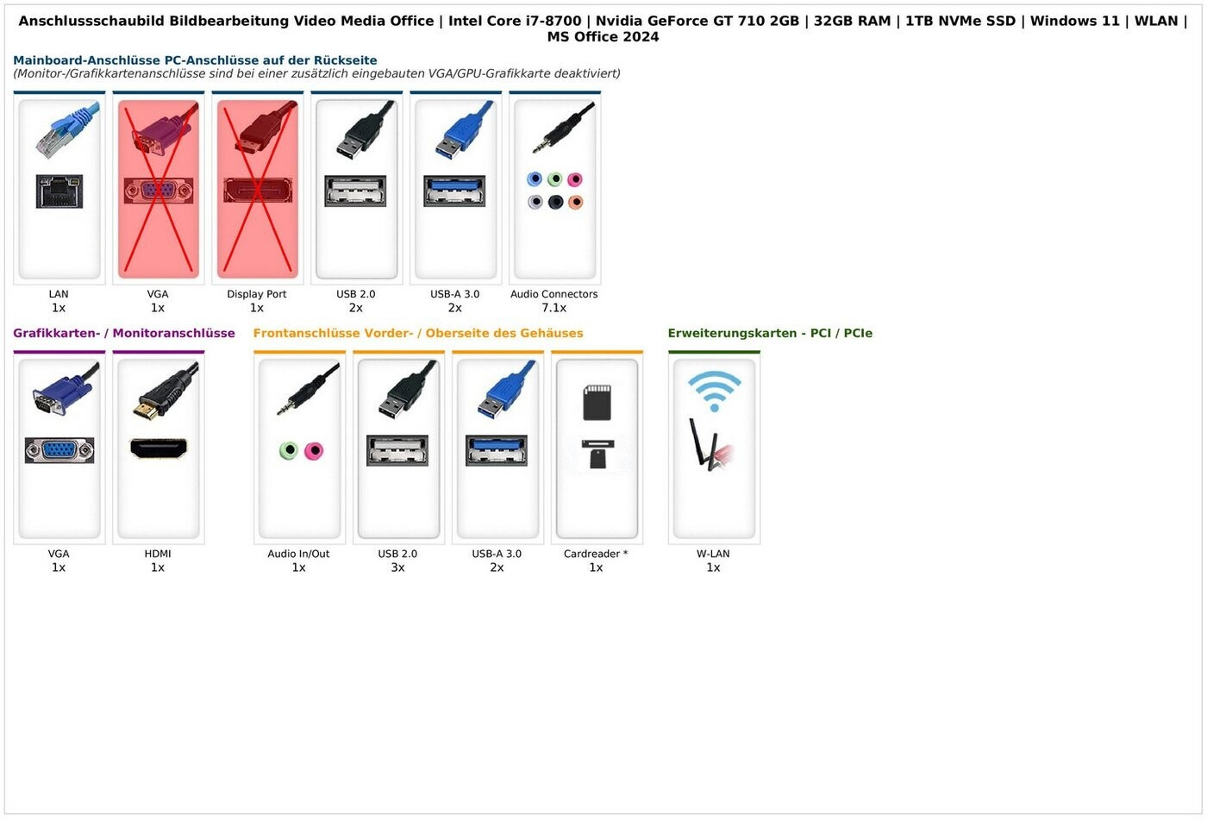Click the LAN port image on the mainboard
click(59, 191)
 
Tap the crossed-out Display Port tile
click(257, 188)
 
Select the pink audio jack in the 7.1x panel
click(575, 179)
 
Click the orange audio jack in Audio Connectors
click(575, 202)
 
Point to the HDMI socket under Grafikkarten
click(158, 448)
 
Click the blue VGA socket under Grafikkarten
click(59, 450)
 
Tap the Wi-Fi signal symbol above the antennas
click(714, 391)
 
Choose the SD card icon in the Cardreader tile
click(597, 402)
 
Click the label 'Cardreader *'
click(596, 554)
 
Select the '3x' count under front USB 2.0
click(397, 567)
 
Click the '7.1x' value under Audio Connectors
click(553, 308)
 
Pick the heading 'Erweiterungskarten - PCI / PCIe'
click(770, 333)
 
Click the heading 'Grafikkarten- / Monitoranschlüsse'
click(124, 333)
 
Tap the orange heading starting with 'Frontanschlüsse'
click(418, 333)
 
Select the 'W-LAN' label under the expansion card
click(713, 554)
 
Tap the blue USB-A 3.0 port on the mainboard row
click(454, 191)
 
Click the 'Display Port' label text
click(257, 294)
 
